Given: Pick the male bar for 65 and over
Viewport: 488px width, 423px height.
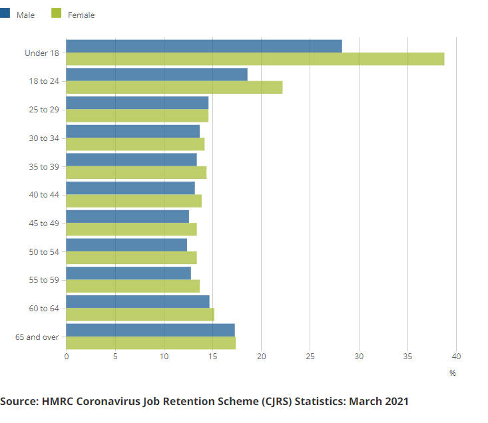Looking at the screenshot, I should click(150, 330).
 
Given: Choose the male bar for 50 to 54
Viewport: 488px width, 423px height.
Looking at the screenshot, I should click(126, 245).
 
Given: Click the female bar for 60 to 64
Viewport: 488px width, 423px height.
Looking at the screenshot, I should click(140, 315).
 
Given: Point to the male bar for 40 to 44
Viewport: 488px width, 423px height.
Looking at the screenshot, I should click(130, 188).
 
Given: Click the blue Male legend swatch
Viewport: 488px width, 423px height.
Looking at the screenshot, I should click(5, 14).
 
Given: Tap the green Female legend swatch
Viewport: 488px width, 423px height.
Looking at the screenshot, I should click(57, 14).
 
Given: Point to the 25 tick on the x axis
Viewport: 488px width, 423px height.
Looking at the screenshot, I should click(310, 356).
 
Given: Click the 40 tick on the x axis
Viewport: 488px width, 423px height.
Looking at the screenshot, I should click(457, 356).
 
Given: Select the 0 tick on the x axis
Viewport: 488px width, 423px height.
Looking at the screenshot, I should click(67, 356).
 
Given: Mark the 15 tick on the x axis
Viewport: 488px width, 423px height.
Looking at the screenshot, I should click(212, 356).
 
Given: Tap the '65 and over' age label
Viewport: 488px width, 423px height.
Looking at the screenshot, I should click(37, 337).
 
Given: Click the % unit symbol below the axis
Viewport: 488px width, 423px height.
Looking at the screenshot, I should click(453, 373).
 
